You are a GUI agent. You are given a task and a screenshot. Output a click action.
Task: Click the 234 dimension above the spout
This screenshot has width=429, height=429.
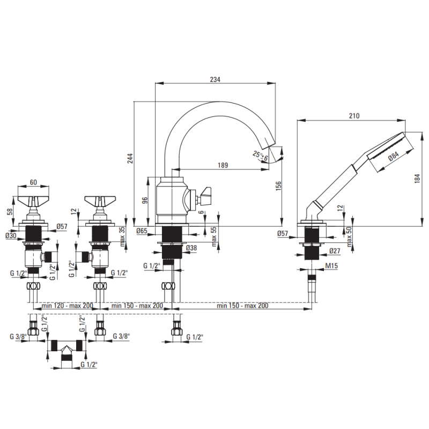(215, 79)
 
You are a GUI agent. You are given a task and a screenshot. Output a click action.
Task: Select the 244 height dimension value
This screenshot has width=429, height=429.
(130, 158)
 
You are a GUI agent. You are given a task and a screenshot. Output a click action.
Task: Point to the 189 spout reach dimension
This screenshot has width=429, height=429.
(223, 165)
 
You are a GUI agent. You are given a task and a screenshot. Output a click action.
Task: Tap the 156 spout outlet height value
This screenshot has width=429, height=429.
(278, 186)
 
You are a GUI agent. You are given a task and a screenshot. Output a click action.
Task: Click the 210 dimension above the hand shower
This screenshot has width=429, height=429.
(354, 116)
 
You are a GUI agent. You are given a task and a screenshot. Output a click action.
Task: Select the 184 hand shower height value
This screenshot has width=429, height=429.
(417, 179)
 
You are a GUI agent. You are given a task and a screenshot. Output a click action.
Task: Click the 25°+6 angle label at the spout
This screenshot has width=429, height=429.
(260, 156)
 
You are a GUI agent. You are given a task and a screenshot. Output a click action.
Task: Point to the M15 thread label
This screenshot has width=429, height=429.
(331, 265)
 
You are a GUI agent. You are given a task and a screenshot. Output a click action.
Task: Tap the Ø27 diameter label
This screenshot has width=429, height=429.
(335, 250)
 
